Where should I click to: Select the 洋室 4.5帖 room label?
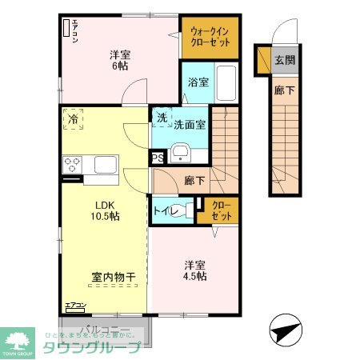[x=195, y=270]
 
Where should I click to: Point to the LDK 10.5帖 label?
[x=103, y=209]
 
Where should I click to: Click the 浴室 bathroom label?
[x=198, y=82]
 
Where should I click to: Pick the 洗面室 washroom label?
[x=190, y=124]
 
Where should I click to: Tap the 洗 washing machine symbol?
[x=162, y=118]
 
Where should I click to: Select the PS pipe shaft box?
[x=158, y=158]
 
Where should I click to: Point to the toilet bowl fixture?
[x=185, y=212]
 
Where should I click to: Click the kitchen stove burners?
[x=72, y=166]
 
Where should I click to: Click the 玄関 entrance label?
[x=284, y=60]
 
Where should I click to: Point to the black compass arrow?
[x=284, y=330]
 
